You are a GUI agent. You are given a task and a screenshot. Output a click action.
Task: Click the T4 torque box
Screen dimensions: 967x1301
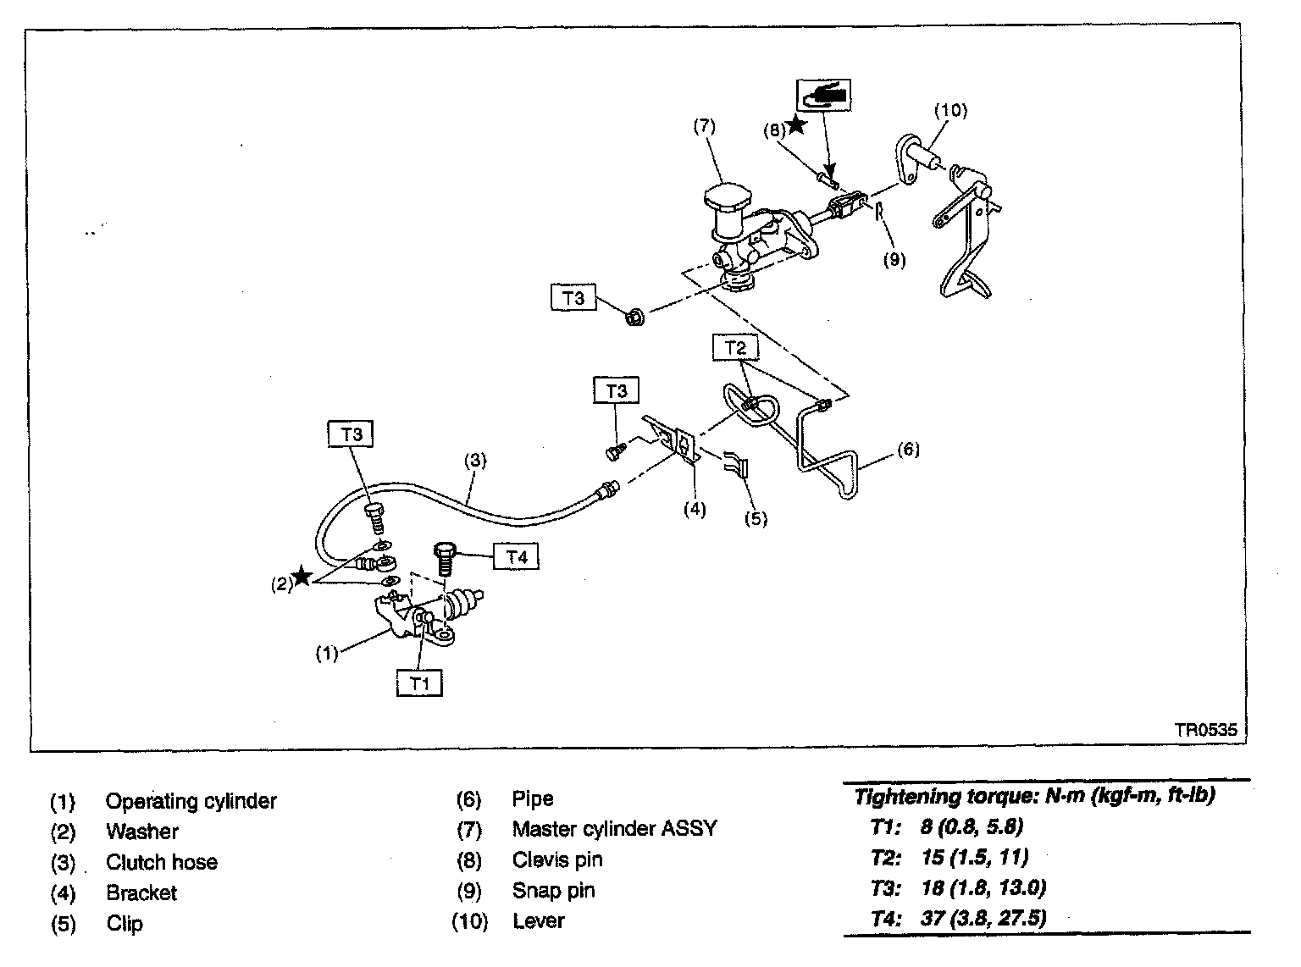(517, 557)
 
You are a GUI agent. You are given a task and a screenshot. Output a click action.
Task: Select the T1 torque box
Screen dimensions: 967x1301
(419, 682)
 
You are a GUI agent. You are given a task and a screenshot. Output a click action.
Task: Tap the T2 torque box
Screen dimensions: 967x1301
(735, 347)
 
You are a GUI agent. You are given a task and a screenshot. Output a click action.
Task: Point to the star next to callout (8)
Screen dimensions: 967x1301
(797, 125)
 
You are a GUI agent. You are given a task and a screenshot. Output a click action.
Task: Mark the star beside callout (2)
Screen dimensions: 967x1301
(301, 578)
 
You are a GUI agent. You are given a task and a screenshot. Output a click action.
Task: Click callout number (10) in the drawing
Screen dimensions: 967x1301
(950, 110)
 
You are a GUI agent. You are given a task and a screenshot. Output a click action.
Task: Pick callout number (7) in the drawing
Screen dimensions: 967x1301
(704, 127)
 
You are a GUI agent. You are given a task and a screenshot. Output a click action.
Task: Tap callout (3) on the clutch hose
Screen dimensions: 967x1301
(475, 461)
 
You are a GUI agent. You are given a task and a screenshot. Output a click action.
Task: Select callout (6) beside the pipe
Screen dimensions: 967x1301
(907, 449)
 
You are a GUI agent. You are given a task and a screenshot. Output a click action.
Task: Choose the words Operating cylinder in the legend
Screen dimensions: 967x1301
(191, 801)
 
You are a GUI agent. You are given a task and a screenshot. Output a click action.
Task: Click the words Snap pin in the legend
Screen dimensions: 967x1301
(553, 891)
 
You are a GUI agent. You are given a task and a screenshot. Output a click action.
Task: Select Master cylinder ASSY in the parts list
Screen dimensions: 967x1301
(614, 829)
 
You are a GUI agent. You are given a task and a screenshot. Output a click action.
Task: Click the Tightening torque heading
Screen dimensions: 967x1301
(1034, 797)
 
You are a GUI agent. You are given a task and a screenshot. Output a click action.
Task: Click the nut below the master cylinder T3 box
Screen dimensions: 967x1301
(633, 318)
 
